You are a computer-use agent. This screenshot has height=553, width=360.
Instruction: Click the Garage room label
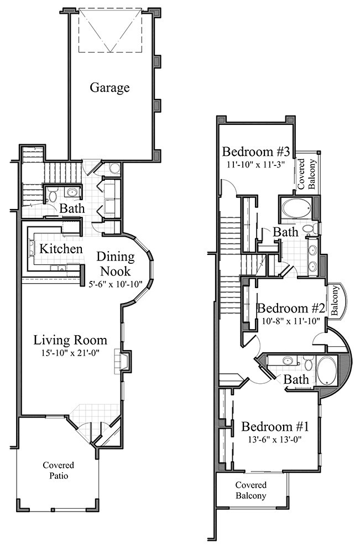coord(109,88)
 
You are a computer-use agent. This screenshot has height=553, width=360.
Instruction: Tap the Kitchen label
coord(61,249)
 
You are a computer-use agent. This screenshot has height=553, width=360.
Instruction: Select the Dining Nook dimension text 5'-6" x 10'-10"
coord(116,284)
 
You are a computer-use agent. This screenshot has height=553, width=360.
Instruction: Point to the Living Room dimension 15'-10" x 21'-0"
coord(70,352)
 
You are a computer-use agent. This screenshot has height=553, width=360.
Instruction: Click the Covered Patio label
coord(59,471)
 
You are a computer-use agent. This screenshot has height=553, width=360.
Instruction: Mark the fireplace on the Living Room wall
coord(122,361)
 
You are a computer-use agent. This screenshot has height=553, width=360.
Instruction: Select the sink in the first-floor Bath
coord(72,192)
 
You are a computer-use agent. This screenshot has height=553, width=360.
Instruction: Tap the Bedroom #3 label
coord(256,152)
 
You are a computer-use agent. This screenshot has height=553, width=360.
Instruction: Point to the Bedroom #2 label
coord(291,308)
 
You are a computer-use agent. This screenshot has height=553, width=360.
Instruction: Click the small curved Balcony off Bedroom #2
coord(336,300)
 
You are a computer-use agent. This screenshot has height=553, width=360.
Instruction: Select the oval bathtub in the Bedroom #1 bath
coord(327,371)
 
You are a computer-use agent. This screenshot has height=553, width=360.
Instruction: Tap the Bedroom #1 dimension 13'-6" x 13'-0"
coord(275,440)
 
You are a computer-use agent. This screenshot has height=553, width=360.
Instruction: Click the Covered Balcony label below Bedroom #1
coord(251,490)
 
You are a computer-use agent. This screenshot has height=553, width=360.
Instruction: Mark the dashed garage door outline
coord(110,30)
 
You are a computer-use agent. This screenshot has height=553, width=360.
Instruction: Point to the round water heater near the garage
coord(114,169)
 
